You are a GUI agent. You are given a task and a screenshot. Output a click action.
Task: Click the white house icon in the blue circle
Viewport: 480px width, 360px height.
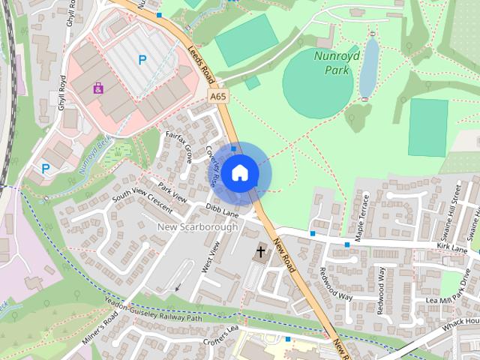(x=239, y=173)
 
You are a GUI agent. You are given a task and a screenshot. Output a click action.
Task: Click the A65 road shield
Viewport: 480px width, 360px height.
(x=217, y=97)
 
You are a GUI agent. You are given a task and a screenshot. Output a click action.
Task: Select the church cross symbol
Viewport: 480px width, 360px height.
(x=262, y=252)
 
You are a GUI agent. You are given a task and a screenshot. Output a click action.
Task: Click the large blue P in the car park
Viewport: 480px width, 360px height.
(x=141, y=58)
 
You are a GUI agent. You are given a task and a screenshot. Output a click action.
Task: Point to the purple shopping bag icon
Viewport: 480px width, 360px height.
(x=98, y=88)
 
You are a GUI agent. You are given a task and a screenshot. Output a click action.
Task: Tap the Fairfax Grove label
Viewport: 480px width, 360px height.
(x=179, y=145)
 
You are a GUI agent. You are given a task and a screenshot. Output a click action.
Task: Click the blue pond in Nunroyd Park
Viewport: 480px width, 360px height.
(x=368, y=70)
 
